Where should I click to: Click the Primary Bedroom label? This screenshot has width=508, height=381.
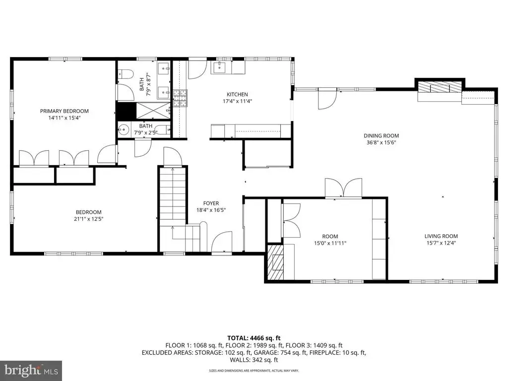coord(64,111)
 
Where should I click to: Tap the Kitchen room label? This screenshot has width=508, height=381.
coord(237,94)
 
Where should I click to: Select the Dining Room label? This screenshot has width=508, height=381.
coord(381,136)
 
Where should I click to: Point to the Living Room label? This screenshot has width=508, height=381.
coord(441,236)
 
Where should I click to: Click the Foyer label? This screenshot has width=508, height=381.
coord(211,203)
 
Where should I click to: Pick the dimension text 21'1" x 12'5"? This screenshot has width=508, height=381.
coord(88,219)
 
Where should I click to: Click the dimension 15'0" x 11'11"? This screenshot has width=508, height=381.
coord(330,243)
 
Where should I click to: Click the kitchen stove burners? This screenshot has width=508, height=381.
coord(180,98)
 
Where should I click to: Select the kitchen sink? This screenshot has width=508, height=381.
coord(220,67)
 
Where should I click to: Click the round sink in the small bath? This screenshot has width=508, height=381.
coord(123,130)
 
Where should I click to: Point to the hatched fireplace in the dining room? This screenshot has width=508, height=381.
coord(440,87)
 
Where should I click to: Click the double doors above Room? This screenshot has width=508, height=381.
coord(343,188)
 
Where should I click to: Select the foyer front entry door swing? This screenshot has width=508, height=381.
coord(222,242)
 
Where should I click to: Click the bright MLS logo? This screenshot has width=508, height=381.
coord(31,370)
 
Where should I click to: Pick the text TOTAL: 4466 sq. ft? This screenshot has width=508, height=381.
coord(254,338)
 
